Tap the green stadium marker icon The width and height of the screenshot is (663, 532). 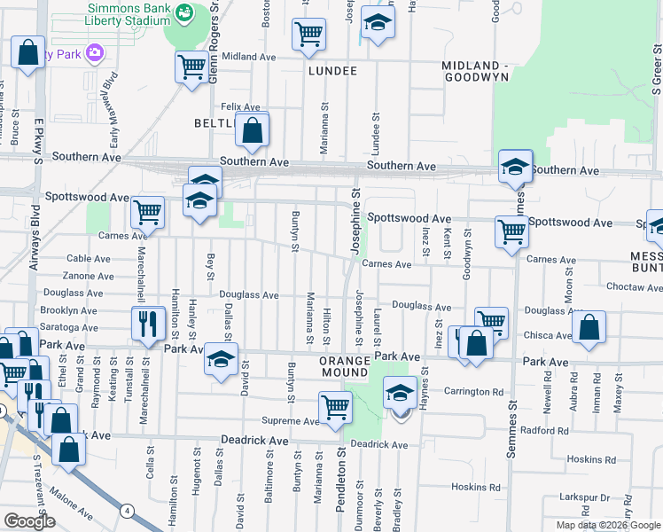pos(184,12)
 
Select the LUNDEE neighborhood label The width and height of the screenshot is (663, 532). pos(332,71)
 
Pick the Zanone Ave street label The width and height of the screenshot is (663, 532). pos(87,276)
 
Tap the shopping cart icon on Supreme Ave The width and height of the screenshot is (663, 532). pos(335,408)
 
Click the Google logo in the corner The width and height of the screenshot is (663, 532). pos(29,521)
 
